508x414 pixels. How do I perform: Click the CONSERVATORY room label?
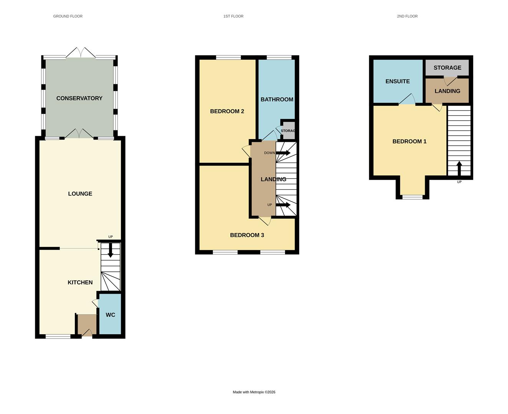tap(79, 98)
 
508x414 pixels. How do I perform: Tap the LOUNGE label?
tap(80, 194)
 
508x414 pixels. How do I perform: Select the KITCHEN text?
tap(80, 283)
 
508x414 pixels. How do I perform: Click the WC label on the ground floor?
tap(110, 315)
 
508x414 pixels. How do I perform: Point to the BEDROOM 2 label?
tap(227, 111)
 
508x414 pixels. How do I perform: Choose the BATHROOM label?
tap(277, 99)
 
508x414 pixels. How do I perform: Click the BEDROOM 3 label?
tap(247, 235)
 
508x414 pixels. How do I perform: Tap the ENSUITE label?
tap(397, 81)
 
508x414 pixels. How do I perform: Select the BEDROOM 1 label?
tap(409, 141)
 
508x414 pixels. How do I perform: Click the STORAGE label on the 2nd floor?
tap(447, 67)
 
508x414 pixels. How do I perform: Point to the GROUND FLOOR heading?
tap(68, 16)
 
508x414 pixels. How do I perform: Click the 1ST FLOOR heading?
tap(233, 16)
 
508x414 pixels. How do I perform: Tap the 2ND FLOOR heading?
tap(407, 16)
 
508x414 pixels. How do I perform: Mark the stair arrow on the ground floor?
tap(111, 251)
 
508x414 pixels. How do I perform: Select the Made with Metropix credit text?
tap(254, 392)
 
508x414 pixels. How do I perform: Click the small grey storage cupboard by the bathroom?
tap(288, 131)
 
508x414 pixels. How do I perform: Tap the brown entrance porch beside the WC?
tap(87, 324)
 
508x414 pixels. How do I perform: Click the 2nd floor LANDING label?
tap(447, 91)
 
